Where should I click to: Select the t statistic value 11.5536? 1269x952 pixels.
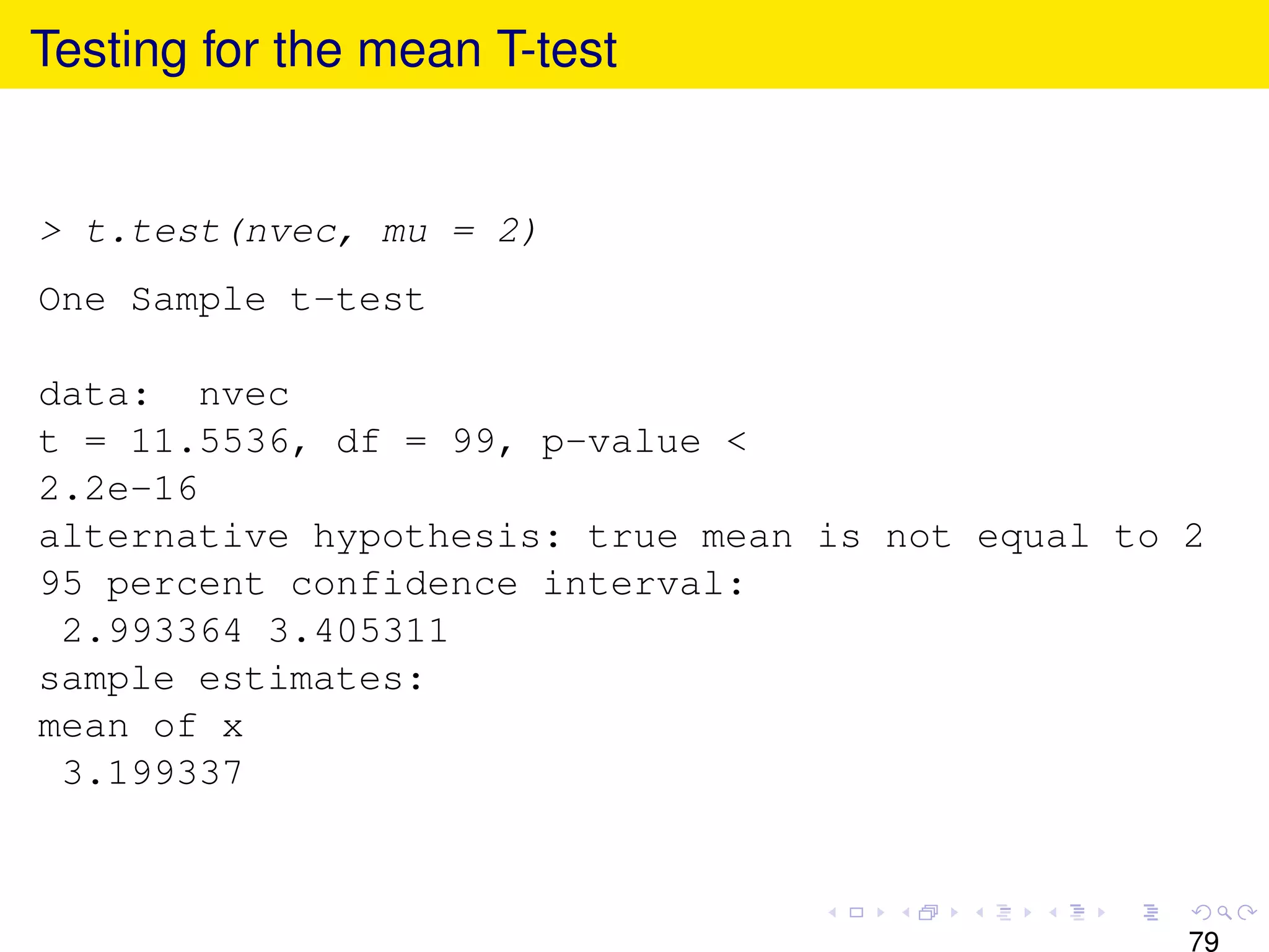coord(210,442)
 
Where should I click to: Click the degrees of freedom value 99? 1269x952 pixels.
coord(474,442)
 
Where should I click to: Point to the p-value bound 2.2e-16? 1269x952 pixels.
coord(118,489)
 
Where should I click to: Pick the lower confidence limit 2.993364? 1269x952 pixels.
coord(152,631)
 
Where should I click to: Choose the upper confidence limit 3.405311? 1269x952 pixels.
coord(358,631)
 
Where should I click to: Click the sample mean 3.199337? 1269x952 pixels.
coord(152,773)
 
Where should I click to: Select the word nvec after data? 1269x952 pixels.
coord(244,395)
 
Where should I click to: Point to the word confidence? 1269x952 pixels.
coord(404,584)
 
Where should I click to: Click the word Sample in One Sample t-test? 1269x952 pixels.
coord(198,301)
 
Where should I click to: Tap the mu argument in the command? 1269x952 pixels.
coord(405,232)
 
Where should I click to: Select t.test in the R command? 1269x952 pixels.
coord(152,232)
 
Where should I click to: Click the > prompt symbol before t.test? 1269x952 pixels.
coord(51,232)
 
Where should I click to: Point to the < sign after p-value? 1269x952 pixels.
coord(736,442)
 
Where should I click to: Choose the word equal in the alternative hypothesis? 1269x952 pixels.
coord(1033,537)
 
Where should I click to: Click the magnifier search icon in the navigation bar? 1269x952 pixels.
coord(1224,912)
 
